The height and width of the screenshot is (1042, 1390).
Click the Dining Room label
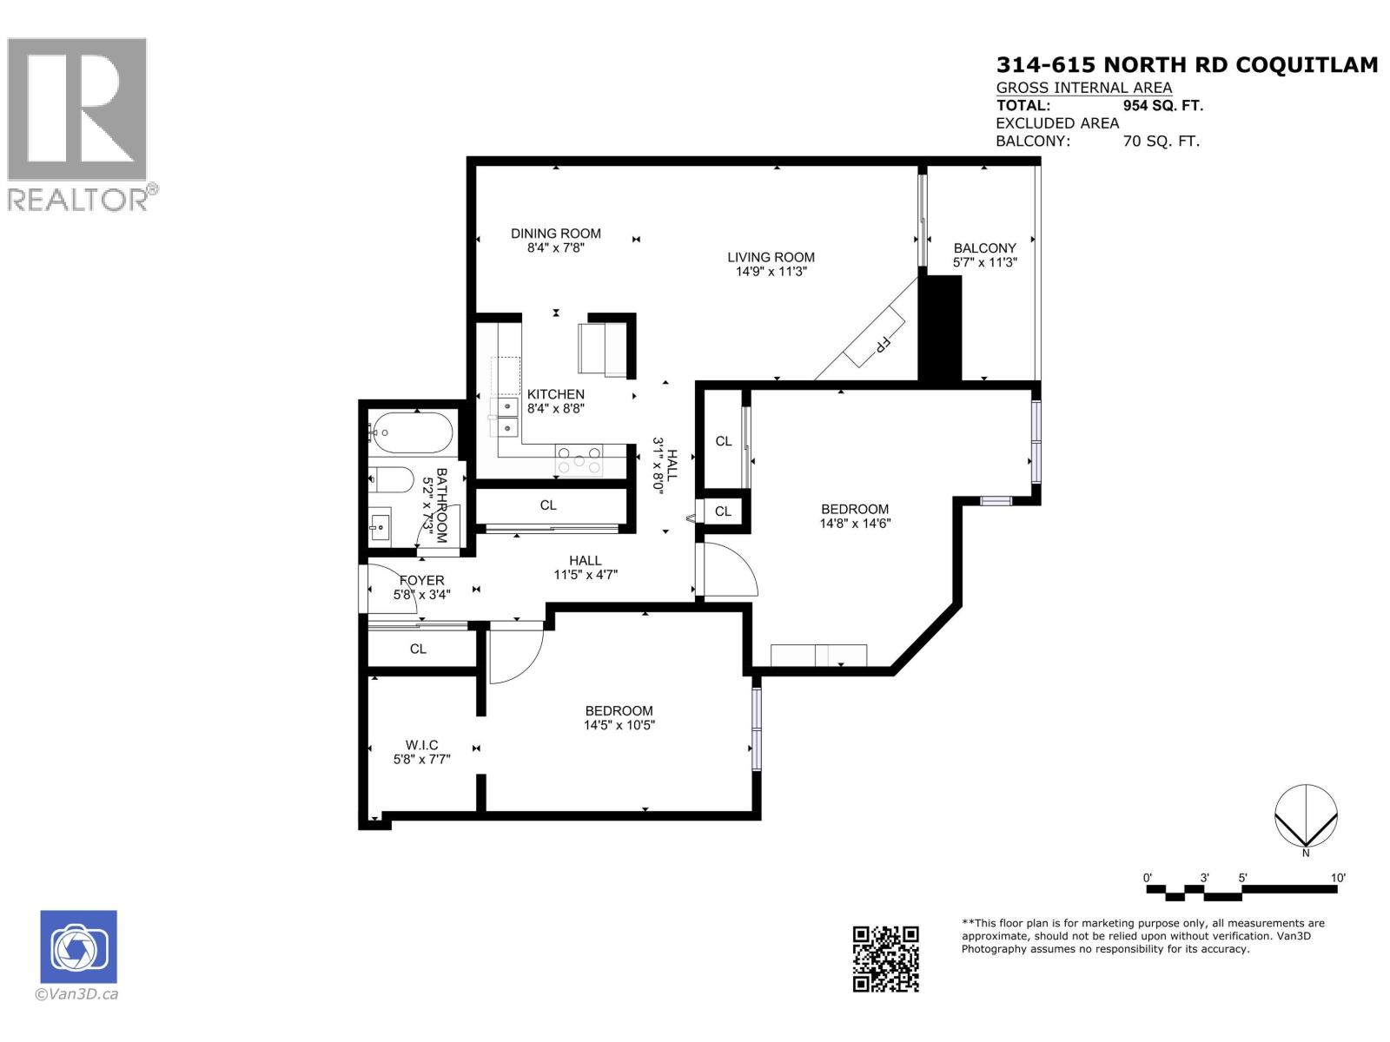click(x=555, y=234)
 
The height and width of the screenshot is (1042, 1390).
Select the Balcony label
click(x=984, y=248)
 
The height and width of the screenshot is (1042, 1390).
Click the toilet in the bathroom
click(x=392, y=480)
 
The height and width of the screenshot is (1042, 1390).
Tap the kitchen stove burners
click(x=579, y=459)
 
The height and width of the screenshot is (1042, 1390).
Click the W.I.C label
click(x=421, y=745)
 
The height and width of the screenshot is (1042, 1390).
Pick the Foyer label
click(x=421, y=581)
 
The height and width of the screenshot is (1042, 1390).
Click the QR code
click(x=885, y=959)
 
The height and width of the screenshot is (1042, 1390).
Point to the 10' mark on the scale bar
click(x=1337, y=878)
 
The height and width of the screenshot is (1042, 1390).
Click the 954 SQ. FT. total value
click(x=1162, y=106)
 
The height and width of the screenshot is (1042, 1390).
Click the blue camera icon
click(x=78, y=946)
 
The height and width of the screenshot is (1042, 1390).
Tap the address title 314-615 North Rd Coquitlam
click(x=1186, y=65)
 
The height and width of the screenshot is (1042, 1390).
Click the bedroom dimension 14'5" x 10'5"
click(x=619, y=725)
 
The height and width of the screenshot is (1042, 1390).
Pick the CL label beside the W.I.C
click(x=418, y=649)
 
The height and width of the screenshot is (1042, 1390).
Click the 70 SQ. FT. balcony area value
click(x=1161, y=141)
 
